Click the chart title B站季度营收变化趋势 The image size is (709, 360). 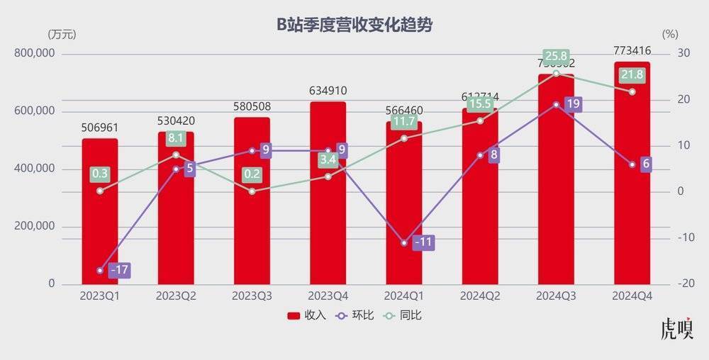click(x=354, y=25)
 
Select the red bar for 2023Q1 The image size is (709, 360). click(x=100, y=213)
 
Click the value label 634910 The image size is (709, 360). click(x=328, y=91)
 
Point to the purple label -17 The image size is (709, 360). click(x=120, y=270)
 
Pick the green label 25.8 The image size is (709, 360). click(x=556, y=56)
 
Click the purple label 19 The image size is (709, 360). click(x=574, y=104)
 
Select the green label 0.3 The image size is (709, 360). click(x=100, y=174)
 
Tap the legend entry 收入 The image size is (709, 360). click(x=307, y=315)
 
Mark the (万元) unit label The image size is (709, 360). click(x=62, y=34)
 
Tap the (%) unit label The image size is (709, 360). click(x=670, y=34)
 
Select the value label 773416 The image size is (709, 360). click(x=632, y=50)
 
